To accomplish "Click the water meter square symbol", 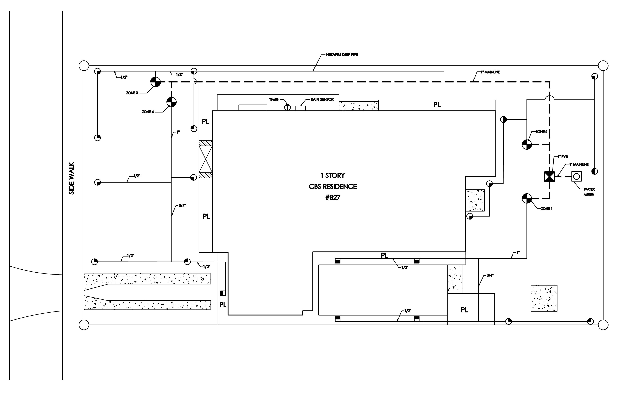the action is coord(576,177).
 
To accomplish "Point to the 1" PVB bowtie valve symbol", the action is coord(550,177).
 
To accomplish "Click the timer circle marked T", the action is coord(287,107).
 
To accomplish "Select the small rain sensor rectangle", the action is coord(300,108).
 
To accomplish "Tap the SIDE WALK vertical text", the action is coord(71,178).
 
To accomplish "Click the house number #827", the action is coord(333,198).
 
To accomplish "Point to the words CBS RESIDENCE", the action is coord(333,187).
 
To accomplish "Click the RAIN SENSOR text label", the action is coord(322,99).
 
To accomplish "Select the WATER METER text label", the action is coord(589,192).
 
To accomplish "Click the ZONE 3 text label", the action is coord(132,93).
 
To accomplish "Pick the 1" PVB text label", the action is coord(563,157).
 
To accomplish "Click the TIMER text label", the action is coord(274,100).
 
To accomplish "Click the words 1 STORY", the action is coord(333,175).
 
